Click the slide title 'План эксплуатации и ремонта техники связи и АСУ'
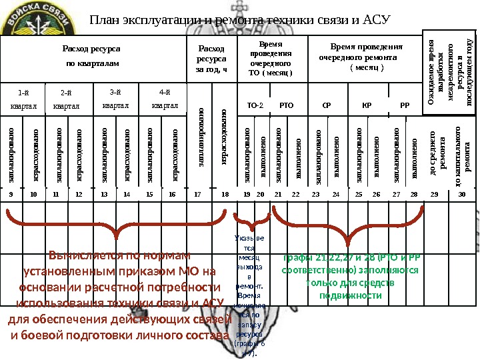(239, 19)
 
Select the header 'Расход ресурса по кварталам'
(91, 56)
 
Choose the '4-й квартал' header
(165, 98)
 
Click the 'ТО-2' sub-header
(255, 105)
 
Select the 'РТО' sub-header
(286, 105)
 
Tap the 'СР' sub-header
(326, 105)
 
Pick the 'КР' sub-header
(366, 105)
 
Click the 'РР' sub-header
(405, 105)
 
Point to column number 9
(11, 194)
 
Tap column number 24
(335, 194)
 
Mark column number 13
(103, 194)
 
